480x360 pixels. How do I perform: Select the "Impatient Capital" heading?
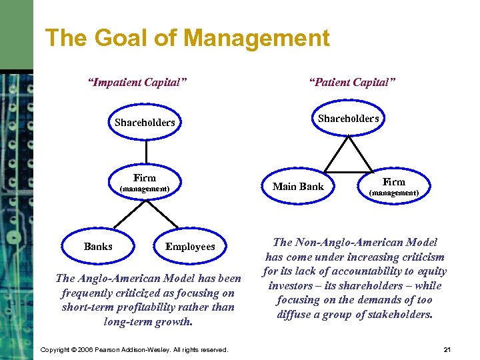pyautogui.click(x=137, y=82)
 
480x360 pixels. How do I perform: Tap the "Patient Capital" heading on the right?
pyautogui.click(x=352, y=82)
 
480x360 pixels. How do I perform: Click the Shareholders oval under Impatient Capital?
pyautogui.click(x=145, y=122)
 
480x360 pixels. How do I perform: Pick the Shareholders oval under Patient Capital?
pyautogui.click(x=348, y=119)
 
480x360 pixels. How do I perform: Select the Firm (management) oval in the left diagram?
pyautogui.click(x=145, y=183)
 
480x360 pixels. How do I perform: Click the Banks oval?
pyautogui.click(x=98, y=247)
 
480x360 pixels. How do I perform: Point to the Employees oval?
pyautogui.click(x=190, y=247)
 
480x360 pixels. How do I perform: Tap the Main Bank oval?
pyautogui.click(x=298, y=187)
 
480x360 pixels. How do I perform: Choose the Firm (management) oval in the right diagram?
pyautogui.click(x=393, y=186)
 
